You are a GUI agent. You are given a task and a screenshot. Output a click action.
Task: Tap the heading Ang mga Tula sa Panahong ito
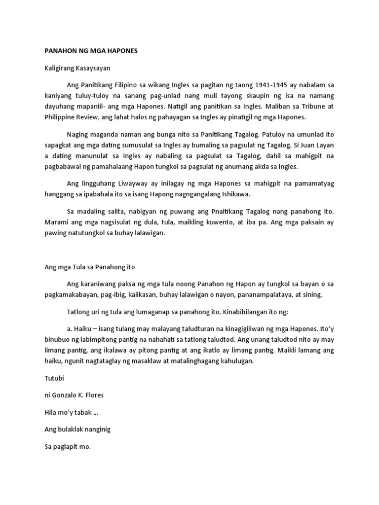(x=89, y=267)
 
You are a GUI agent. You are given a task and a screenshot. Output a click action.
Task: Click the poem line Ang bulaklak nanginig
(x=77, y=429)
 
